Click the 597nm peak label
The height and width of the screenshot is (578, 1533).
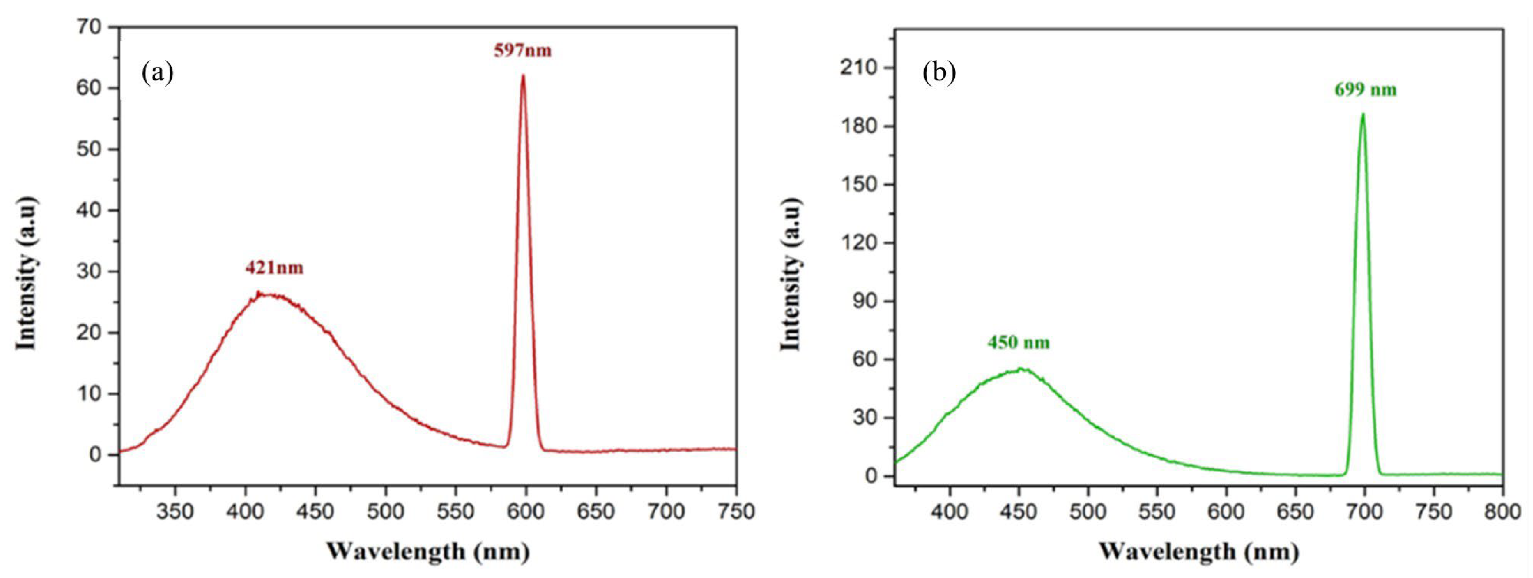522,50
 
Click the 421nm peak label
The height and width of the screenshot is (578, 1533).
274,268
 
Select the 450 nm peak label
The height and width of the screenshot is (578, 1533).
1019,343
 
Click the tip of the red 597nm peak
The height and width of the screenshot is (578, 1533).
523,76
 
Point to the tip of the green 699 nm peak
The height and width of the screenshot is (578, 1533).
1363,114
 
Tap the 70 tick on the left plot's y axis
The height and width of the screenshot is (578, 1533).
89,27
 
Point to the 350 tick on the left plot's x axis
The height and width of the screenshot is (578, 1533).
175,511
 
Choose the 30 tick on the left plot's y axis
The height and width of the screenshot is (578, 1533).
89,271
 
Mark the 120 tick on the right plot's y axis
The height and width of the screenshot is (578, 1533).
859,243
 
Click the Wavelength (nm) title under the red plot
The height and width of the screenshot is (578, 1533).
428,551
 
